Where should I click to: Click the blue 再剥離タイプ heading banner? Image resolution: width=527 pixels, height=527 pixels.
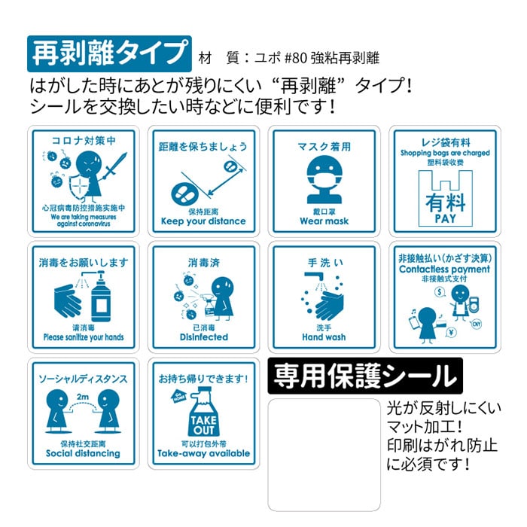tap(110, 53)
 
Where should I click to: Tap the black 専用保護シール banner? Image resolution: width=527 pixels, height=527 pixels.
tap(364, 374)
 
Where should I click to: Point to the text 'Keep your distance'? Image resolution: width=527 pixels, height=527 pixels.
tap(203, 221)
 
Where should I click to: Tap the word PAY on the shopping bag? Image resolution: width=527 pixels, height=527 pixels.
tap(445, 218)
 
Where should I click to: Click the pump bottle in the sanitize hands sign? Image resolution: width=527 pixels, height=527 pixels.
tap(101, 297)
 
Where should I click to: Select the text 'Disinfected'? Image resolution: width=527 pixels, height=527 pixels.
tap(203, 337)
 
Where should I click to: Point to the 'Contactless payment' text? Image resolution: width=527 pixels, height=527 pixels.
tap(444, 269)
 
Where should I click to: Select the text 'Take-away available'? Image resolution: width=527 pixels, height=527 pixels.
tap(203, 454)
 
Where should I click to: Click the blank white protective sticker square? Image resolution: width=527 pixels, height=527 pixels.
tap(324, 454)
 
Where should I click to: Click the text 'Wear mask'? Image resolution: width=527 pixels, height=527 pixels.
tap(324, 221)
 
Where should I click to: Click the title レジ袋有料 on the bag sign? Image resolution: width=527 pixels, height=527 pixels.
tap(444, 142)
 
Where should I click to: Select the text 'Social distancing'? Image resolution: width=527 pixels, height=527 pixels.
tap(83, 454)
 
